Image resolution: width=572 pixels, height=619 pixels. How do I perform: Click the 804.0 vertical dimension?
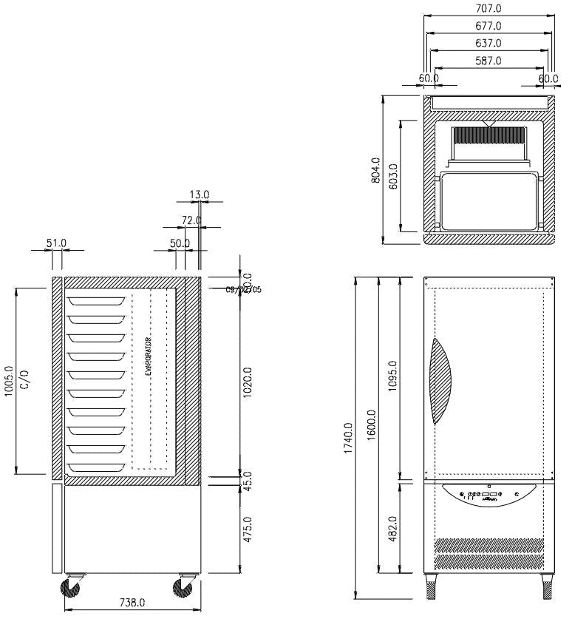click(x=375, y=170)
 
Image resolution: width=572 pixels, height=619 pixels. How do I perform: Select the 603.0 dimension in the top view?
click(x=392, y=177)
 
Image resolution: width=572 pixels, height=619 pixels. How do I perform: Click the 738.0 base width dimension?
click(x=132, y=603)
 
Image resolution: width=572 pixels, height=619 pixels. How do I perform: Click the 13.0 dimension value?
click(x=199, y=195)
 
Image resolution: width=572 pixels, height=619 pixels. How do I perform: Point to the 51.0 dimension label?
click(x=56, y=243)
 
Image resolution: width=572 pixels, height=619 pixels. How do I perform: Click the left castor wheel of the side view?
click(x=72, y=588)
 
